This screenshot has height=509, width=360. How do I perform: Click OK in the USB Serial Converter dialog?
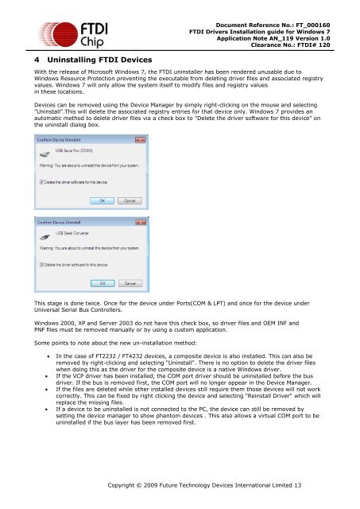103,282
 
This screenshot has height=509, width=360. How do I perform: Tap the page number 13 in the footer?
297,484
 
